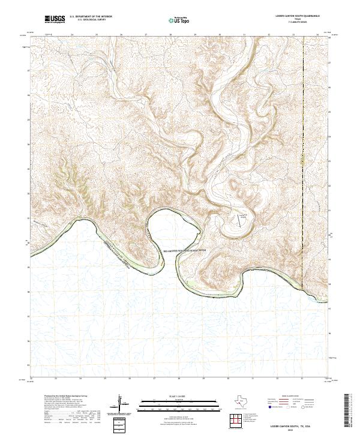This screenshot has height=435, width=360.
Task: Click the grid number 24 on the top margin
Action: (x=73, y=34)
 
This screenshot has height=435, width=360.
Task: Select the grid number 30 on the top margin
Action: (x=220, y=34)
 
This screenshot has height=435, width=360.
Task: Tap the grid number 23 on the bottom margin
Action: (x=56, y=379)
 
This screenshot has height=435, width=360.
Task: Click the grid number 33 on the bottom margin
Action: (x=302, y=379)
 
